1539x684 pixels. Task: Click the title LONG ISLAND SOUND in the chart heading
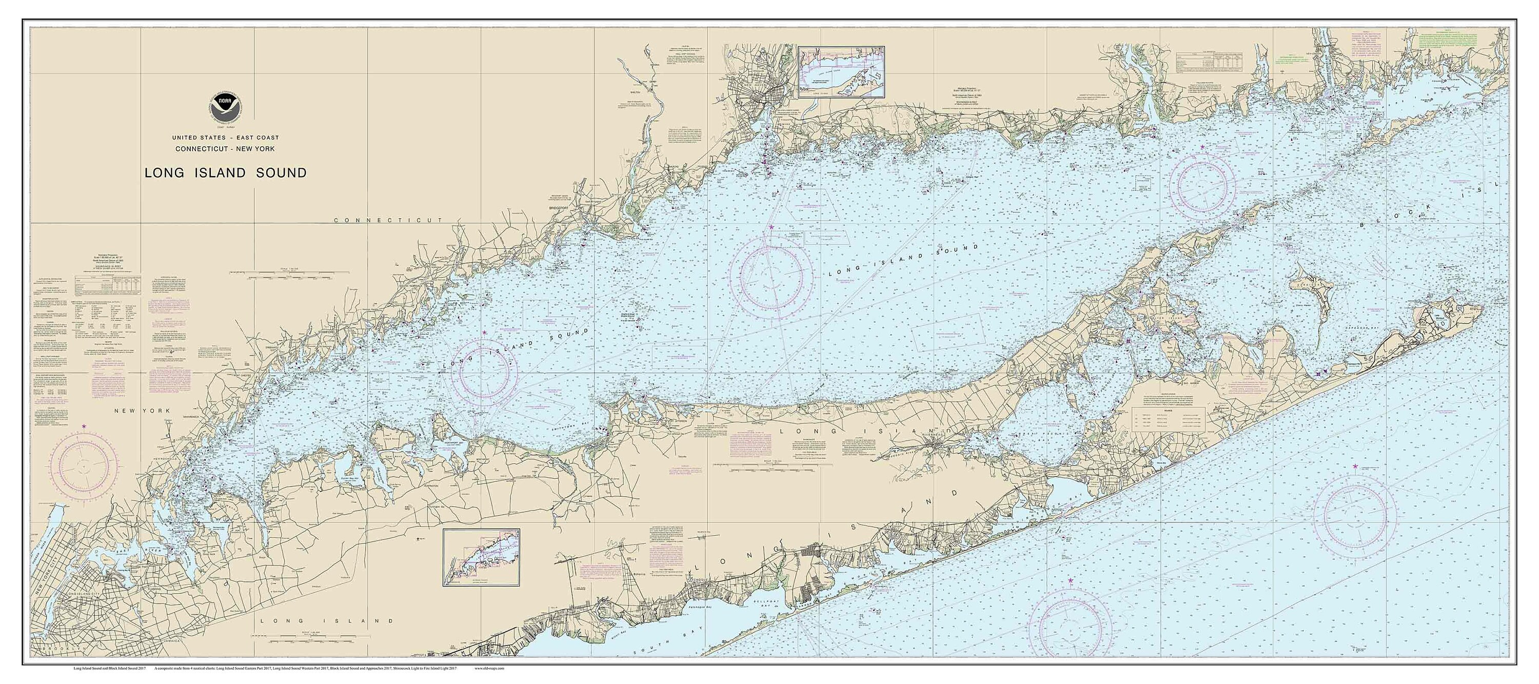tap(225, 173)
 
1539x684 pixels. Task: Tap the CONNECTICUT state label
tap(388, 221)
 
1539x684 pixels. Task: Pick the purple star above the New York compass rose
tap(84, 425)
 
